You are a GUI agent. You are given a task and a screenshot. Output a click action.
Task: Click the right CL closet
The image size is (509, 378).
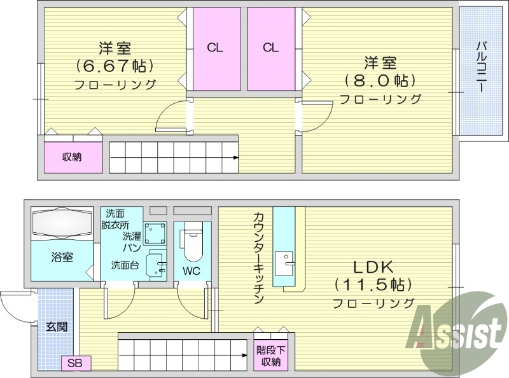(x=270, y=48)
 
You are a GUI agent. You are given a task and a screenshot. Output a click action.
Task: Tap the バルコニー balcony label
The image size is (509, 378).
(x=481, y=67)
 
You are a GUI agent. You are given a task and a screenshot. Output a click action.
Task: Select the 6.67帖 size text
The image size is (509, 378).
(x=115, y=65)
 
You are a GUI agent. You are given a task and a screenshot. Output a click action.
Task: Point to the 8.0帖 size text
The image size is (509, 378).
(x=380, y=80)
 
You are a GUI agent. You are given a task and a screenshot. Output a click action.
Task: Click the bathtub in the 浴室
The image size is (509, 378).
(x=62, y=223)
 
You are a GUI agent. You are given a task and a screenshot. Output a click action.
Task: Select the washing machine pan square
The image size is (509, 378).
(x=155, y=235)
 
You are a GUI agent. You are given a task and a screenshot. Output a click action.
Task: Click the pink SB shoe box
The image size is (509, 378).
(x=76, y=364)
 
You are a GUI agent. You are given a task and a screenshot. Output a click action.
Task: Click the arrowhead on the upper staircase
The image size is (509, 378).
(x=236, y=153)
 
